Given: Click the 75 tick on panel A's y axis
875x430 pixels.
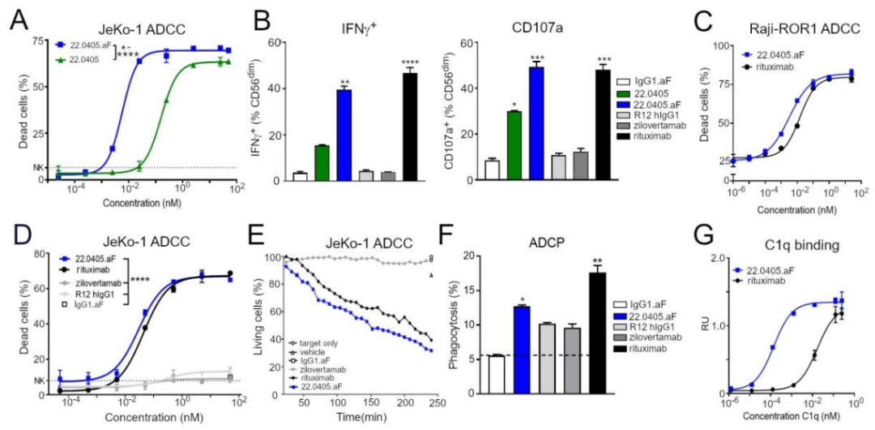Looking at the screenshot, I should (36, 40).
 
